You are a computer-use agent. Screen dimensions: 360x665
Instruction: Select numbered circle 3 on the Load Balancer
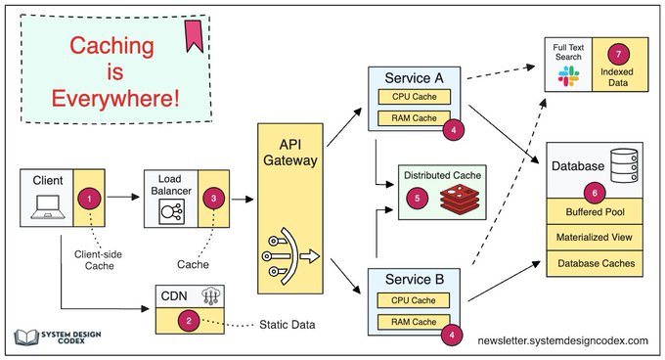click(x=213, y=197)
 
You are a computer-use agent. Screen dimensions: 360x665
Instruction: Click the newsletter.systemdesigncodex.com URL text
click(x=562, y=340)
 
